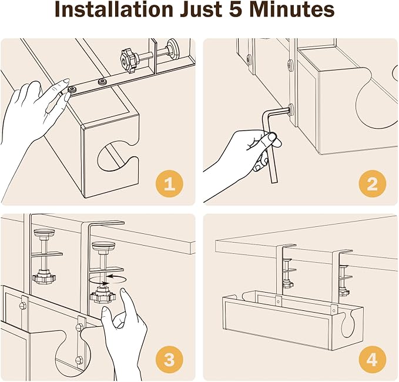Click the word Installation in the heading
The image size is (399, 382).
[x=114, y=9]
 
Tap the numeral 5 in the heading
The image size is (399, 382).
[x=239, y=9]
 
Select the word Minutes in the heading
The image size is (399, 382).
[x=294, y=9]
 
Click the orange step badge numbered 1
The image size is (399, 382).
[x=169, y=184]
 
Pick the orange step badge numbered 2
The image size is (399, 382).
[x=373, y=184]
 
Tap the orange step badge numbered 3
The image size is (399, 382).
[x=169, y=360]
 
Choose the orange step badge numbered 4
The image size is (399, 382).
[x=373, y=360]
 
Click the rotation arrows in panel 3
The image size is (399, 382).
[x=108, y=279]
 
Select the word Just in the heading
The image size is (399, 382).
[x=202, y=9]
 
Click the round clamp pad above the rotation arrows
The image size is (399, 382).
[x=103, y=246]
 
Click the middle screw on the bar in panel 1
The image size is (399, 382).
[x=102, y=82]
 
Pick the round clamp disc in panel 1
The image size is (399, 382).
[x=172, y=45]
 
